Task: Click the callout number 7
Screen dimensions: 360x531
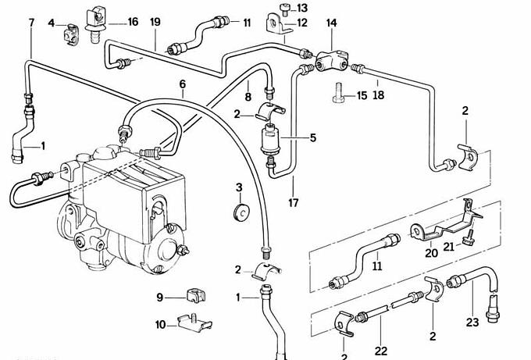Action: coord(31,22)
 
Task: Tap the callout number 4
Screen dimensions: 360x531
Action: coord(52,23)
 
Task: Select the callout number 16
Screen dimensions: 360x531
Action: coord(133,21)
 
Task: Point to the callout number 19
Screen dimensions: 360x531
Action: coord(155,22)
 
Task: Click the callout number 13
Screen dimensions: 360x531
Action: coord(302,8)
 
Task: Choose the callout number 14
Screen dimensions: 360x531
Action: coord(331,23)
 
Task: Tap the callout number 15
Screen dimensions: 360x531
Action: coord(362,96)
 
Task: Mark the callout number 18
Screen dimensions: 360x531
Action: coord(379,95)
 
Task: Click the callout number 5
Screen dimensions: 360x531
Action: coord(312,138)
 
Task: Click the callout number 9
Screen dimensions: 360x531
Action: coord(159,297)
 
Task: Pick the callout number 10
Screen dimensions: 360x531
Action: coord(160,324)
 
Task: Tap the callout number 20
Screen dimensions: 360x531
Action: coord(431,252)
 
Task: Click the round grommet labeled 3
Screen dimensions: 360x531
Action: coord(240,210)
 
